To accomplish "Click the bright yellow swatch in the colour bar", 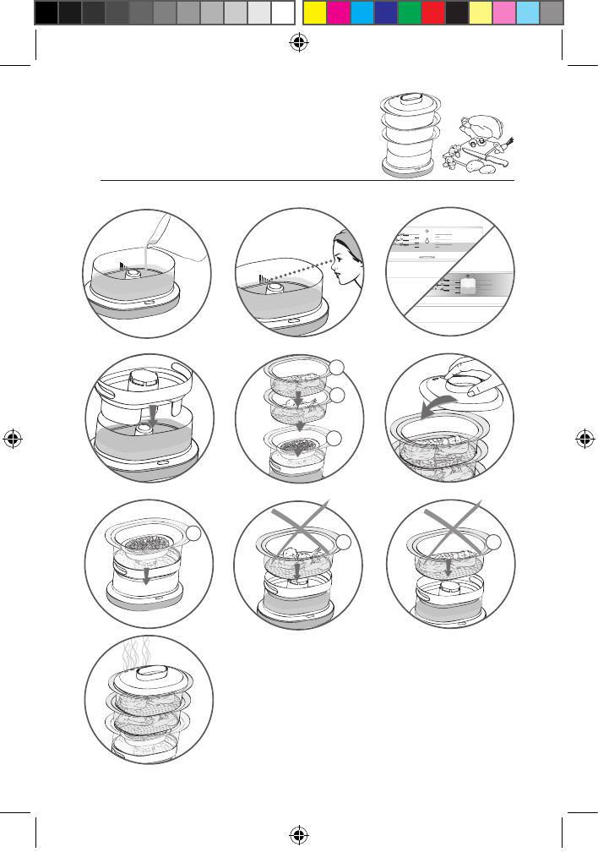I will tap(314, 13).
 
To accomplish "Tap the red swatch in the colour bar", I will tap(433, 13).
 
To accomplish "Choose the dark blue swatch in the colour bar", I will tap(385, 13).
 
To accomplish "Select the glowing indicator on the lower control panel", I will tap(468, 287).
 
